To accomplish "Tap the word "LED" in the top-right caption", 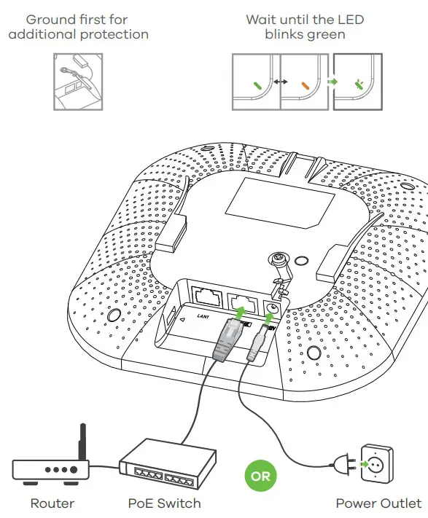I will tap(349, 19).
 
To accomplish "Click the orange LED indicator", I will tap(304, 85).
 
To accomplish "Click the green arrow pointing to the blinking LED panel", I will tap(332, 83).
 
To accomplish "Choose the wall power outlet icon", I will tap(378, 465).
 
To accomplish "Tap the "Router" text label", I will tap(52, 503).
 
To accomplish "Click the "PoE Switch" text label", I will tap(164, 503).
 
